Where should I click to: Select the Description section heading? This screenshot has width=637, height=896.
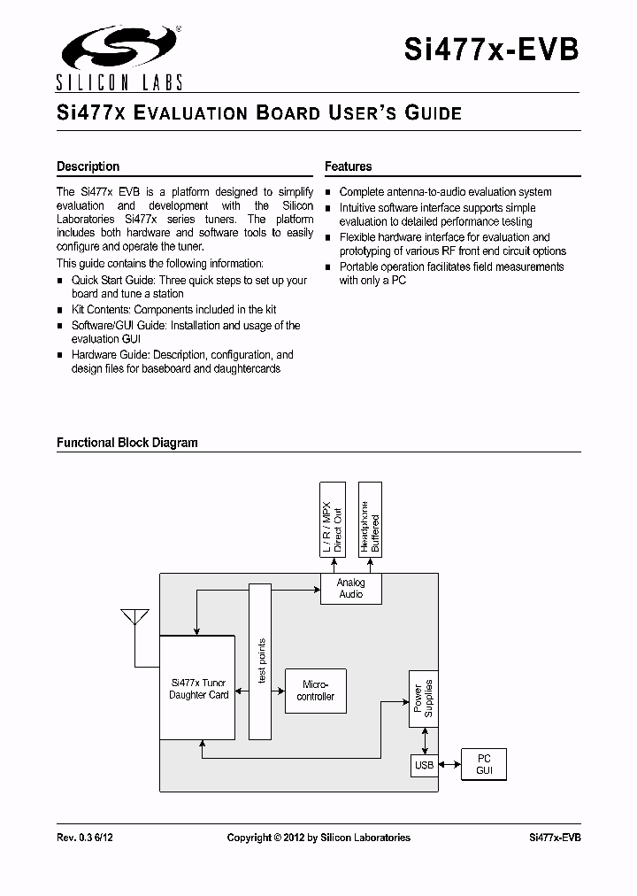pos(88,166)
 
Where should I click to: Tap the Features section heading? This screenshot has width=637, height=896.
pos(348,166)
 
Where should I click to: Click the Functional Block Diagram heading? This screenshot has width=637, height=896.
pos(127,443)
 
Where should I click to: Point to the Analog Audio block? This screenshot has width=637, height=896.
pos(351,589)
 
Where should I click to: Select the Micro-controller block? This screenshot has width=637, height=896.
pos(316,691)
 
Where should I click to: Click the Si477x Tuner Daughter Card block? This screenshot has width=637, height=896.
pos(197,688)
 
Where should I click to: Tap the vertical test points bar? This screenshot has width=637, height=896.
pos(260,661)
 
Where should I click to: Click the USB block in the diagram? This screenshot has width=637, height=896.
pos(425,765)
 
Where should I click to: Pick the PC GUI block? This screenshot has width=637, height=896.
pos(484,764)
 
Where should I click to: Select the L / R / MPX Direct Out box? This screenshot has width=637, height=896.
pos(332,520)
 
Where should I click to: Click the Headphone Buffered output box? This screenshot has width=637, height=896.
pos(370,520)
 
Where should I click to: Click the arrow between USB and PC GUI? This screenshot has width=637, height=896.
pos(449,764)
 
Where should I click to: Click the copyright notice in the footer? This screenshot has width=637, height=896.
pos(318,838)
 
